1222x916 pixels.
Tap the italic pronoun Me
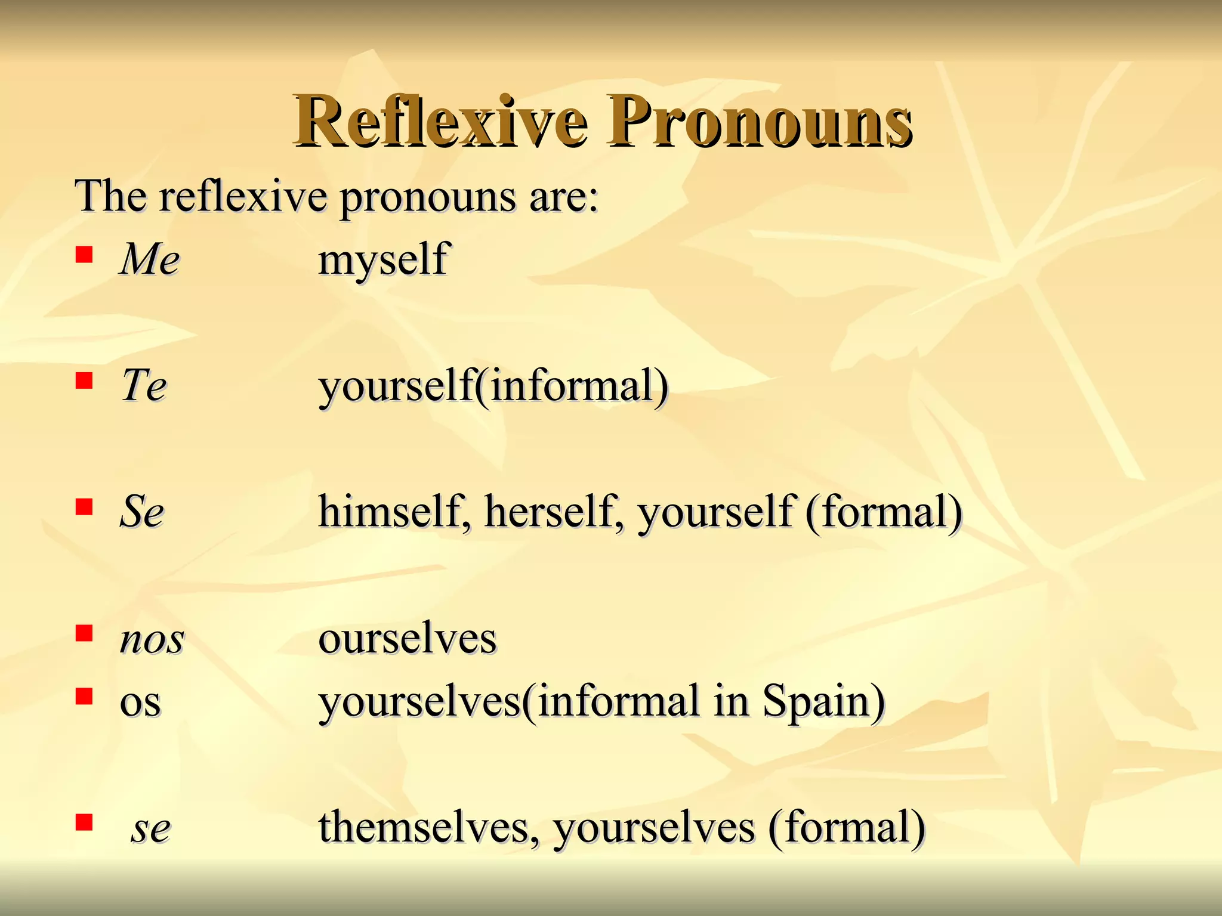(x=150, y=259)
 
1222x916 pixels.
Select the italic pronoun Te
(x=144, y=385)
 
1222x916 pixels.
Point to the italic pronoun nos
(x=152, y=639)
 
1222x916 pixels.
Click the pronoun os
(x=140, y=702)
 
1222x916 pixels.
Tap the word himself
(x=391, y=511)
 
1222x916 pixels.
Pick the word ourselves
(x=408, y=639)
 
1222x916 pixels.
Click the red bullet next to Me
(x=84, y=255)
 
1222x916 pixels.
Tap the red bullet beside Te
(x=84, y=380)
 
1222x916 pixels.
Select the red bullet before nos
(x=84, y=633)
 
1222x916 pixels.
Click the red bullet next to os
(x=84, y=696)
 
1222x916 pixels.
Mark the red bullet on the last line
(x=84, y=822)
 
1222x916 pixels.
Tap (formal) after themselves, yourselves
(x=847, y=827)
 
